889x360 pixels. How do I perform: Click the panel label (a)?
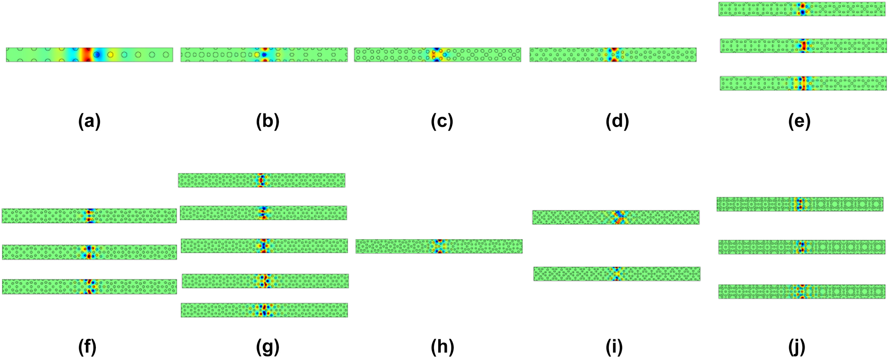(x=89, y=121)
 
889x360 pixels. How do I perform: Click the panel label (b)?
(x=267, y=121)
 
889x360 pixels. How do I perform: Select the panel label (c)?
(x=442, y=121)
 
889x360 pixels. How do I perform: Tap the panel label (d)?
(x=617, y=121)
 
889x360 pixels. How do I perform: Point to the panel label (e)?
(x=799, y=121)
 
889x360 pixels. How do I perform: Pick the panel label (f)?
(x=87, y=347)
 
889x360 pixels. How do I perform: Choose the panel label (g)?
(x=267, y=347)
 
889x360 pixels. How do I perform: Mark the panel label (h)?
(x=442, y=347)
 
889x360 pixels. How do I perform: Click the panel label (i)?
(x=614, y=347)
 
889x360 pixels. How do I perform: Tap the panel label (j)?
(x=796, y=347)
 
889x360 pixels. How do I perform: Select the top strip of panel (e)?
(x=802, y=9)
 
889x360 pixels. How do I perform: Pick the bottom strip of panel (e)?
(x=803, y=83)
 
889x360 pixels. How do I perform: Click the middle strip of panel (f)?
(x=89, y=252)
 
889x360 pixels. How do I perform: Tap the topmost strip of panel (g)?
(x=261, y=180)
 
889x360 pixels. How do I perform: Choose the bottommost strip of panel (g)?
(x=264, y=310)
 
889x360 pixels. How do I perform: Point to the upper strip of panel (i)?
(x=616, y=217)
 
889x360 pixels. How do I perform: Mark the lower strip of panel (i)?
(x=617, y=274)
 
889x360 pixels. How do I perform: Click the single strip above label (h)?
(x=439, y=246)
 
